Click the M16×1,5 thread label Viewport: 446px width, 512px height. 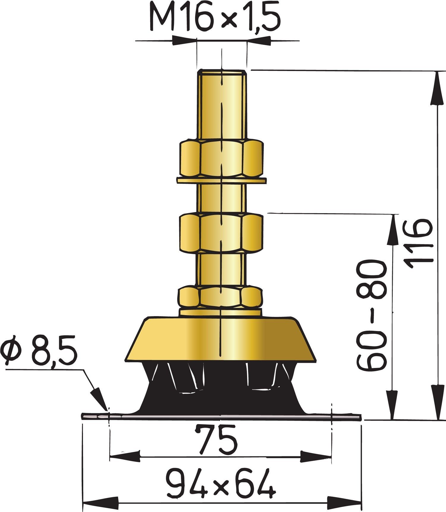pos(215,18)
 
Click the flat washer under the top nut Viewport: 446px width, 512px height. pos(221,180)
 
